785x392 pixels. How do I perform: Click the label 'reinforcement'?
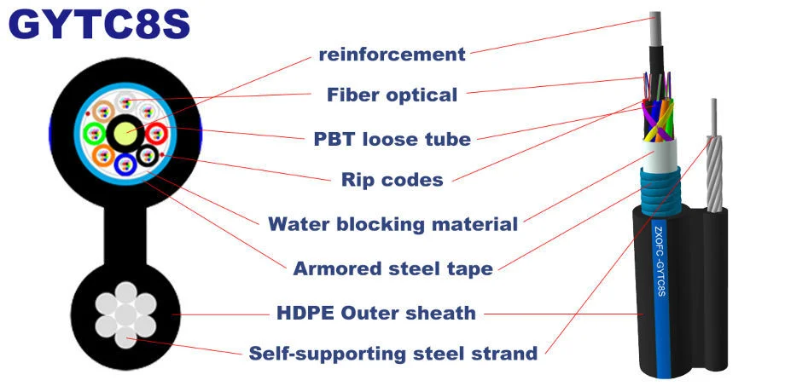(392, 55)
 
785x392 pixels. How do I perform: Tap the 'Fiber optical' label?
(392, 95)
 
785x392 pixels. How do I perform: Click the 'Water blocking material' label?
(392, 224)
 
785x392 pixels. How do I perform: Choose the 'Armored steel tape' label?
(392, 268)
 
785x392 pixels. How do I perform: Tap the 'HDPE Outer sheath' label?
(375, 313)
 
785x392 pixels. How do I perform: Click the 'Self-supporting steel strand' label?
(392, 352)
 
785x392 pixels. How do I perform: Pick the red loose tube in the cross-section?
(156, 133)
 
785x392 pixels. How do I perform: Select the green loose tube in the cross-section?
(95, 133)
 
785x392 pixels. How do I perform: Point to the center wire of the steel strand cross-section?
(125, 314)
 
